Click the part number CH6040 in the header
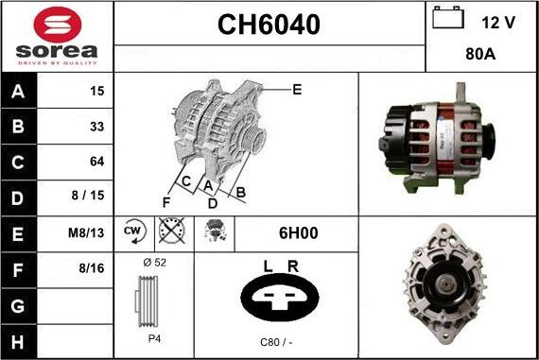click(269, 26)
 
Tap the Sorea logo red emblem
click(57, 23)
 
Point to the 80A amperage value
click(482, 55)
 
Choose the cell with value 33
click(96, 126)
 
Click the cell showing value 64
click(96, 161)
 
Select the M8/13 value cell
click(90, 231)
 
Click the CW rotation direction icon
click(132, 231)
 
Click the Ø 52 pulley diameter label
click(154, 262)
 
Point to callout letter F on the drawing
click(166, 202)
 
